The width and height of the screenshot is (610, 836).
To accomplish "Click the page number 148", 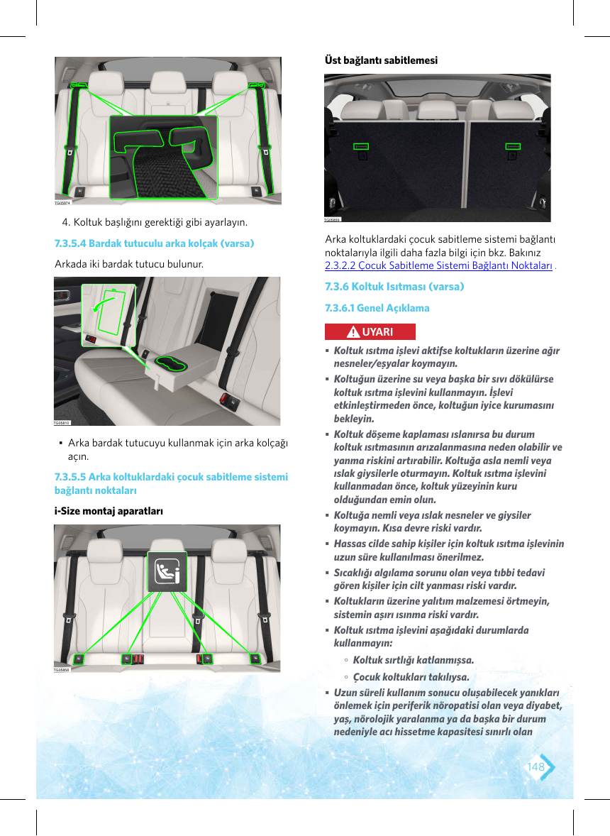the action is tap(536, 766).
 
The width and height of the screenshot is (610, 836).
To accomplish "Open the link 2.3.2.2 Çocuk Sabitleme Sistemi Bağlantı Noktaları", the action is tap(438, 265).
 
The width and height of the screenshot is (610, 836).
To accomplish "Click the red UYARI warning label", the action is tap(370, 331).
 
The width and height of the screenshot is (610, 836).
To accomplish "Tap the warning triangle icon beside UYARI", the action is tap(353, 332).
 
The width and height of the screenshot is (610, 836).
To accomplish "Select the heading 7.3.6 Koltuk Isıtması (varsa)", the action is tap(394, 287).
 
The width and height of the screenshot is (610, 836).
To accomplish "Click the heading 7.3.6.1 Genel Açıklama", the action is tap(377, 308).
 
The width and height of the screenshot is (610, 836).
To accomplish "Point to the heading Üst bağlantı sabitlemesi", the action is tap(381, 60).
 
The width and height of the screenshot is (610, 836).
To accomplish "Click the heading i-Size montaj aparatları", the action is tap(109, 511).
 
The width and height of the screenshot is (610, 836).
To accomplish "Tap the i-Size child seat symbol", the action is tap(167, 571).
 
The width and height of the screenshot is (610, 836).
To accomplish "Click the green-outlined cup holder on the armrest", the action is tap(170, 363).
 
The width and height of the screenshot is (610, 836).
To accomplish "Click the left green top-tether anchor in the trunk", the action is tap(361, 146).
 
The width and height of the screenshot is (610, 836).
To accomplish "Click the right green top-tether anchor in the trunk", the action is tap(513, 146).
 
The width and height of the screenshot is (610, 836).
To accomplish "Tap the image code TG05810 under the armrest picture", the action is tap(62, 423).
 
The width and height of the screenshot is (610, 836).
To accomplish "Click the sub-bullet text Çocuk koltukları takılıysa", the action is tap(411, 677).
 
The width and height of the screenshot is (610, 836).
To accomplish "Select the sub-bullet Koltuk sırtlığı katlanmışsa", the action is tap(414, 660).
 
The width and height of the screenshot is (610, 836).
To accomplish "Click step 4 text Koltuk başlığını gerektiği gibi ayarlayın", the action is tap(155, 222).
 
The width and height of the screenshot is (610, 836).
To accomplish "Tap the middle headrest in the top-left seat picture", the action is tap(168, 82).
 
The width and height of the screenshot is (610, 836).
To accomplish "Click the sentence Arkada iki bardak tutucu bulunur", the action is tap(129, 264).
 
